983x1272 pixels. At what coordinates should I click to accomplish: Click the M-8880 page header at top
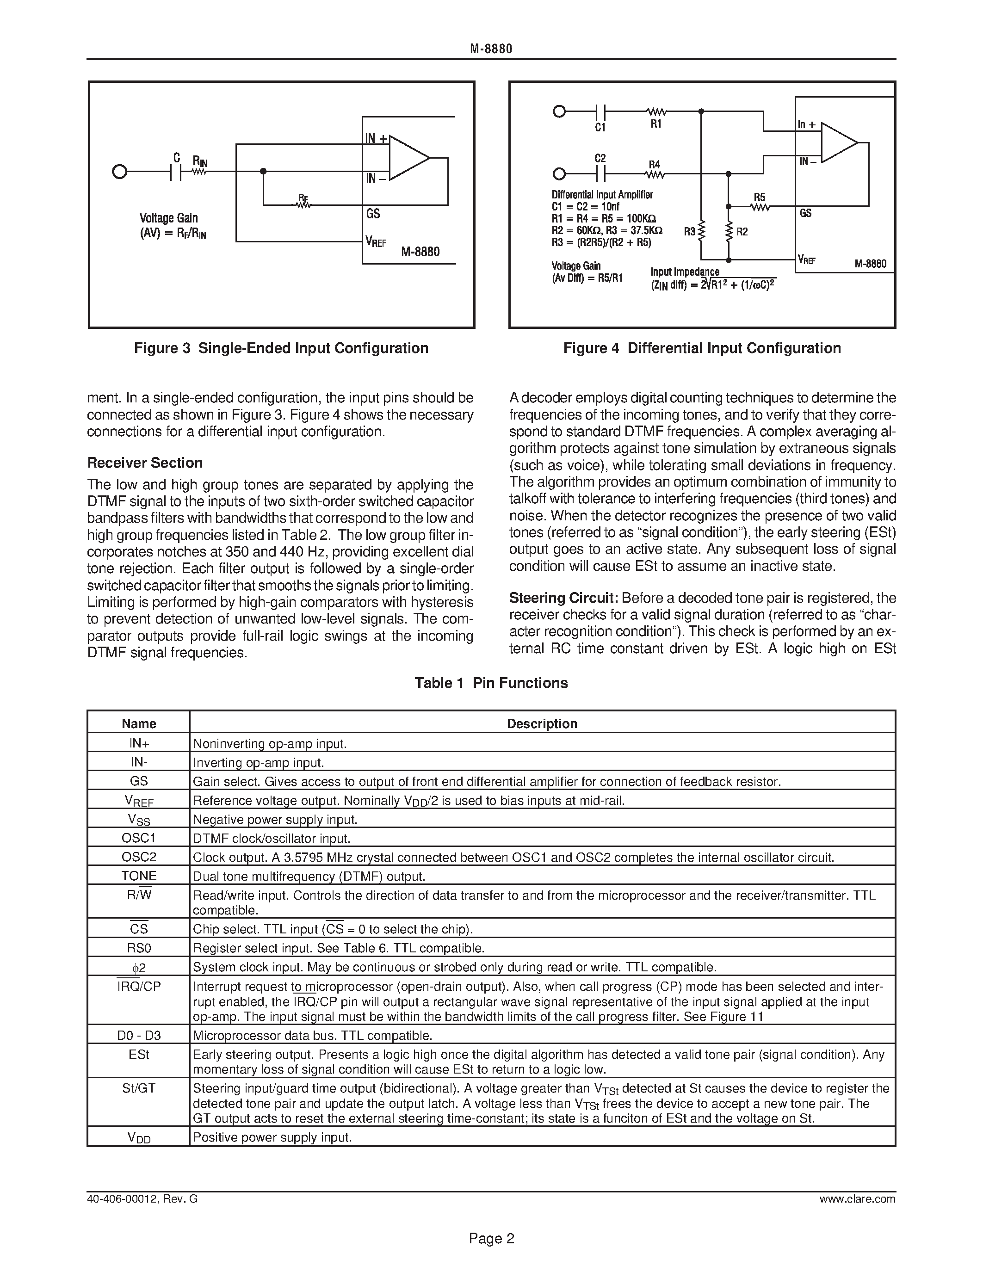[491, 49]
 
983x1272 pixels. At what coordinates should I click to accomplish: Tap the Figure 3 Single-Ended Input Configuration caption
[281, 348]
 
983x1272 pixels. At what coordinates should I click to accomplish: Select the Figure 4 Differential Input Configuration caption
[702, 348]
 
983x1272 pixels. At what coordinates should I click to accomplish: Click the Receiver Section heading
[145, 463]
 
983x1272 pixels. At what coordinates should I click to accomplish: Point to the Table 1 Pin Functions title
[491, 683]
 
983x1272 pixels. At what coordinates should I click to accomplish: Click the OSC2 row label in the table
[139, 857]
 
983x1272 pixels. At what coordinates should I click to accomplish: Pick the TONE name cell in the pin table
[139, 876]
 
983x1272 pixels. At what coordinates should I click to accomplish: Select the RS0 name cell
[139, 948]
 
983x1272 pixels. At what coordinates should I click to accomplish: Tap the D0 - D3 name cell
[139, 1035]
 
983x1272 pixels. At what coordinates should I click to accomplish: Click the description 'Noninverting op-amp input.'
[270, 744]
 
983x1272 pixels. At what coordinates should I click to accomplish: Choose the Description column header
[542, 723]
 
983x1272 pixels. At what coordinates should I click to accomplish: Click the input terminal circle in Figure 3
[119, 172]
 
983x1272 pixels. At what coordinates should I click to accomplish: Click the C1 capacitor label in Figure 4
[600, 128]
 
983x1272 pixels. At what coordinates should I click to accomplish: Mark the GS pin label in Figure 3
[373, 214]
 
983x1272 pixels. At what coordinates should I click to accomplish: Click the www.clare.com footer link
[857, 1198]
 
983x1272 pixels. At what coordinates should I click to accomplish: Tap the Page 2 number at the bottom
[491, 1238]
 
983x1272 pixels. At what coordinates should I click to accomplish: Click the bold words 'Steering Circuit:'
[563, 598]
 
